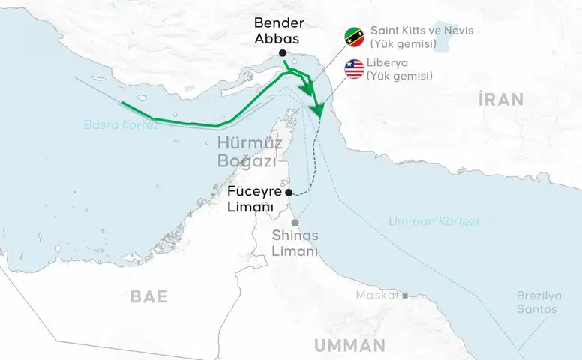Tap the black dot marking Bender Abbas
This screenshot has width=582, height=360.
(x=282, y=53)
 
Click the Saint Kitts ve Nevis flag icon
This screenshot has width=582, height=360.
(x=354, y=37)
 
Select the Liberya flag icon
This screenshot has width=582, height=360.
(x=354, y=69)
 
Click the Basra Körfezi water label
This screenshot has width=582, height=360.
(x=122, y=124)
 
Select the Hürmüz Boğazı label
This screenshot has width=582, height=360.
(x=246, y=151)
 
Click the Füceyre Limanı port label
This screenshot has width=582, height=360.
(x=250, y=199)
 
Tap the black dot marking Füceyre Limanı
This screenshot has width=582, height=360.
(x=289, y=193)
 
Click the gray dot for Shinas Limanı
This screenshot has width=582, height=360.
(x=295, y=223)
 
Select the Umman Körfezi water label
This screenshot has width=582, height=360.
(x=433, y=221)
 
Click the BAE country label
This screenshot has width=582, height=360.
(x=148, y=296)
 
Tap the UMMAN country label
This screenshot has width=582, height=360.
(x=349, y=345)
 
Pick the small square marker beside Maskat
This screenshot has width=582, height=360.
(x=405, y=295)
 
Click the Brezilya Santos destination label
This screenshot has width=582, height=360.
(x=537, y=302)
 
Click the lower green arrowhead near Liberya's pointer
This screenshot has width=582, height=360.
(x=320, y=109)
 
